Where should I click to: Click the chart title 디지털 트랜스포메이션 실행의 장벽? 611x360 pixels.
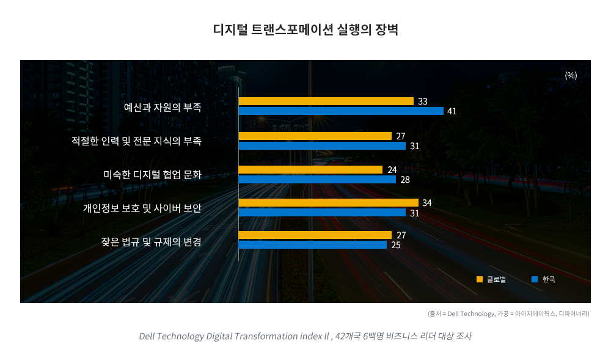pyautogui.click(x=305, y=30)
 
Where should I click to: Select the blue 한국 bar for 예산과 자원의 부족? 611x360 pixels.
pyautogui.click(x=341, y=111)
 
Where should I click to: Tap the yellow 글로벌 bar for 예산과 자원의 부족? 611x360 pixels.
pyautogui.click(x=326, y=101)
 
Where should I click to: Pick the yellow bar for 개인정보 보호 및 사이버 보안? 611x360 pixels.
pyautogui.click(x=328, y=202)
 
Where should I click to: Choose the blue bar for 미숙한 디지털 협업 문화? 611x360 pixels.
pyautogui.click(x=317, y=180)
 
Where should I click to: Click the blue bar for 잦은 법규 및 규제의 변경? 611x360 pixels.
pyautogui.click(x=312, y=245)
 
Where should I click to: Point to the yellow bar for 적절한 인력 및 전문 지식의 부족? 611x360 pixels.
pyautogui.click(x=315, y=136)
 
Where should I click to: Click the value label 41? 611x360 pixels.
pyautogui.click(x=452, y=111)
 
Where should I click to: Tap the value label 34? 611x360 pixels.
pyautogui.click(x=427, y=202)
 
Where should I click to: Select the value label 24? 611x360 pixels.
pyautogui.click(x=392, y=170)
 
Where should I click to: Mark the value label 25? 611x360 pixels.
pyautogui.click(x=396, y=245)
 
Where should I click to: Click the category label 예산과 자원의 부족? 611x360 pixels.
pyautogui.click(x=163, y=107)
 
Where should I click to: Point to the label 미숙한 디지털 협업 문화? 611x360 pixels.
pyautogui.click(x=152, y=175)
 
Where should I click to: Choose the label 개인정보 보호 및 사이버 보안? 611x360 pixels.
pyautogui.click(x=142, y=208)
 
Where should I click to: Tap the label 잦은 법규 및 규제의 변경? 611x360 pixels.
pyautogui.click(x=151, y=241)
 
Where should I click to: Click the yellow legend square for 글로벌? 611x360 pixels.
pyautogui.click(x=480, y=279)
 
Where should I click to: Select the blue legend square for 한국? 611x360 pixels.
pyautogui.click(x=535, y=279)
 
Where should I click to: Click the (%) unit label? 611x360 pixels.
pyautogui.click(x=571, y=75)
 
